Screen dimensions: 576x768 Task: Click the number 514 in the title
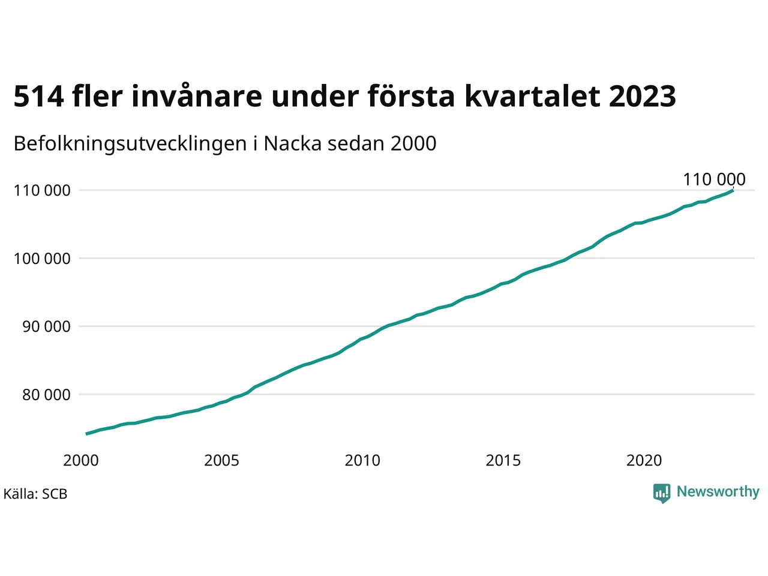(x=38, y=97)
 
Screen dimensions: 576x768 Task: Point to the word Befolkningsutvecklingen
(x=130, y=145)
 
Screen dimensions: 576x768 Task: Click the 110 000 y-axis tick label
(x=42, y=191)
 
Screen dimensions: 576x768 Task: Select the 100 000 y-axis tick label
(x=42, y=259)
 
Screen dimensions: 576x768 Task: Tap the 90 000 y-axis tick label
(x=46, y=327)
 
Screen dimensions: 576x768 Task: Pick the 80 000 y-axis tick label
(x=46, y=395)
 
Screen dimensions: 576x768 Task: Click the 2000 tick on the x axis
(x=81, y=461)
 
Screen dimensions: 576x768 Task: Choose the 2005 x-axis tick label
(x=221, y=461)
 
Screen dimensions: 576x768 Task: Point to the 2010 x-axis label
(x=362, y=461)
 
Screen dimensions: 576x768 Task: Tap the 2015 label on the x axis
(x=503, y=461)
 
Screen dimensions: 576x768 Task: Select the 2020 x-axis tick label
(x=644, y=461)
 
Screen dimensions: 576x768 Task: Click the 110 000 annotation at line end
(x=714, y=179)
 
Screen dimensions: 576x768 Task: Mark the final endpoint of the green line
(x=733, y=190)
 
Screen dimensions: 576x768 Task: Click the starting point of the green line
(x=87, y=433)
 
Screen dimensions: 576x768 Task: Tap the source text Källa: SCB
(x=35, y=494)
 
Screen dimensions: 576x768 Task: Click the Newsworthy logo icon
(x=661, y=493)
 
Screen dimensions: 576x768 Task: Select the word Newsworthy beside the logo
(x=718, y=492)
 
